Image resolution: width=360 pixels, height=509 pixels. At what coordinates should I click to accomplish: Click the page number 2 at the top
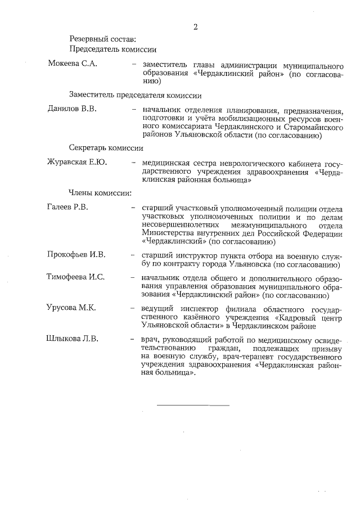tap(195, 26)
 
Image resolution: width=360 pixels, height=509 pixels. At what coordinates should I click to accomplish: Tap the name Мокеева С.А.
tap(73, 64)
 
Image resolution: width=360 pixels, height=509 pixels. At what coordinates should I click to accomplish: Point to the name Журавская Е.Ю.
tap(77, 163)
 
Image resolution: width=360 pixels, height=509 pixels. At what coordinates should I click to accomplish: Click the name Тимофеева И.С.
tap(76, 277)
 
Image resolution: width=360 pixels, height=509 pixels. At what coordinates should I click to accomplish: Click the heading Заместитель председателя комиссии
tap(135, 94)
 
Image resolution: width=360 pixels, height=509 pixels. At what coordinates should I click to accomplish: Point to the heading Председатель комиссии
tap(112, 49)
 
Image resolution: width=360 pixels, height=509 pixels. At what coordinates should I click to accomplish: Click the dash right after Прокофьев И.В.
tap(133, 255)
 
